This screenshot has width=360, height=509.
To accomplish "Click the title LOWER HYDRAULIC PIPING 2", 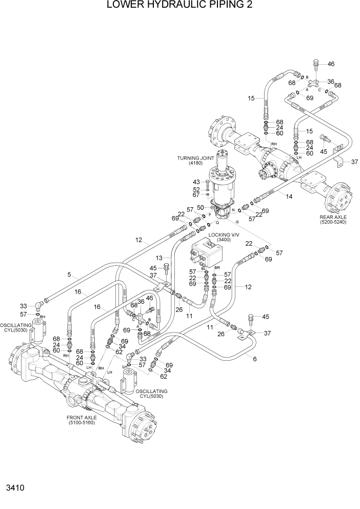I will click(179, 6).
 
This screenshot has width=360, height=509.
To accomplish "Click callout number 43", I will click(196, 182).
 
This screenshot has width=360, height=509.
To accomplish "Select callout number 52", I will click(196, 189).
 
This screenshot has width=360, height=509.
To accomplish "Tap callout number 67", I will click(196, 195).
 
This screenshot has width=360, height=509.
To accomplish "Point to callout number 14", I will click(289, 197).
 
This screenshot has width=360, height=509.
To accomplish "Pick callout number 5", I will click(68, 275).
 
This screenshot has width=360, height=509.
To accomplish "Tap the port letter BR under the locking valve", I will click(217, 268).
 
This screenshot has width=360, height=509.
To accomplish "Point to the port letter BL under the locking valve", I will click(204, 268).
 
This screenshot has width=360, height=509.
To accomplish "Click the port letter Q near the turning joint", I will click(217, 223).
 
